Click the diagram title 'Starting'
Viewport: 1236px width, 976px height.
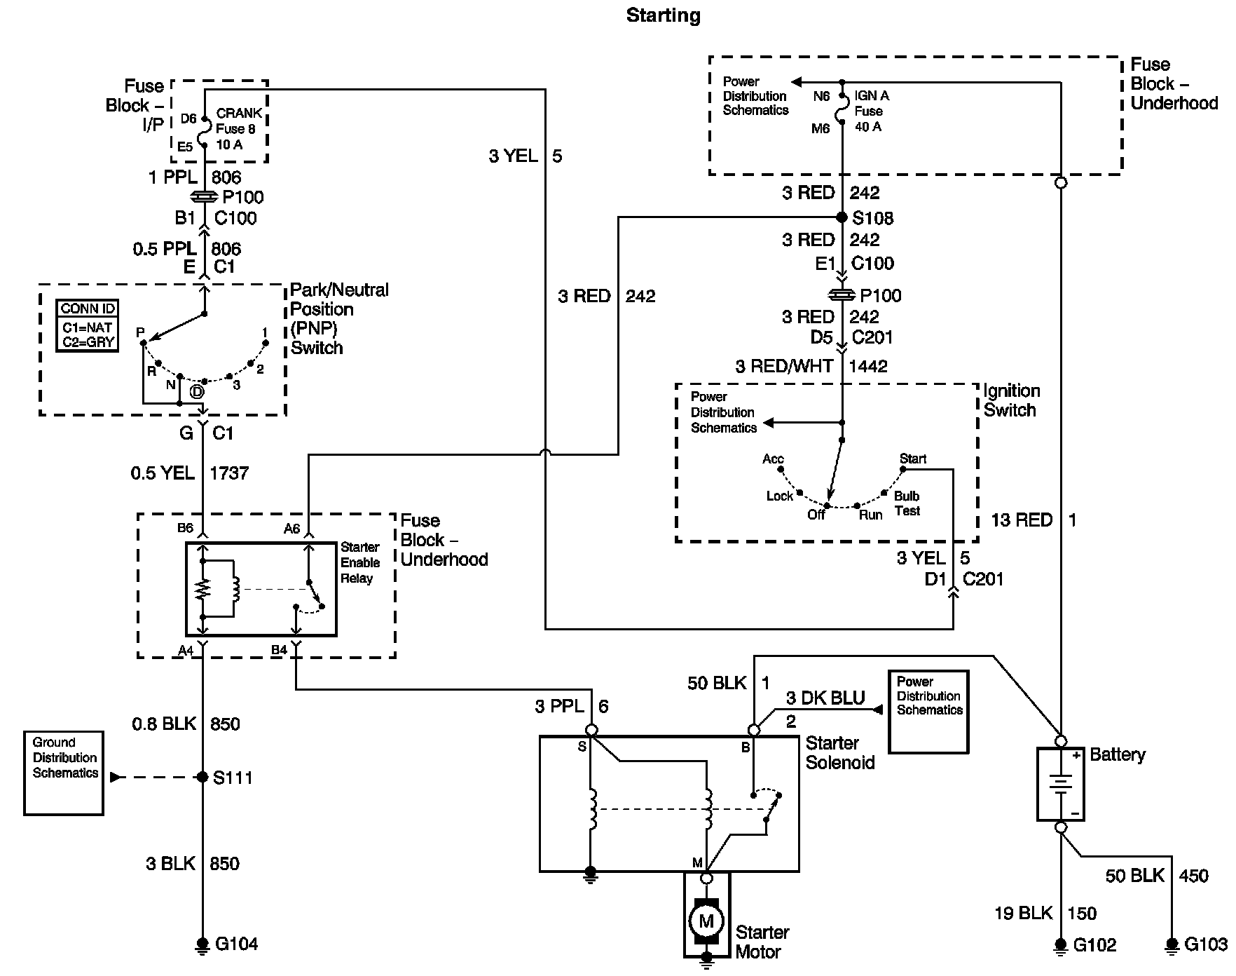663,16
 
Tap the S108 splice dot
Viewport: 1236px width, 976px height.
842,217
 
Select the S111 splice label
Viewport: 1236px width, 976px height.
233,778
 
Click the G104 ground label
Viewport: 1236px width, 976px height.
237,944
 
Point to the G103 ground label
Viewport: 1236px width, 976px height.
1206,944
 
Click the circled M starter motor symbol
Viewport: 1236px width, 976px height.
706,921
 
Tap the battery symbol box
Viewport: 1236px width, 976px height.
1061,784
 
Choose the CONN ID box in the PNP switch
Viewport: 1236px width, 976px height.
88,326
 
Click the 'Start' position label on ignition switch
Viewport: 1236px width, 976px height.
913,459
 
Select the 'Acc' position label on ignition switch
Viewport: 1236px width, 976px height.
773,459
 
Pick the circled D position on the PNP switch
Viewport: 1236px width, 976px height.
197,391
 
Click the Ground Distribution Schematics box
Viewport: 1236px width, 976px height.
64,773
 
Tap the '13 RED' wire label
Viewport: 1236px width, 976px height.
1022,520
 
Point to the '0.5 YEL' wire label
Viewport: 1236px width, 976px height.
163,473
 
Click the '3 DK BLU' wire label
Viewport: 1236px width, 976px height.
825,698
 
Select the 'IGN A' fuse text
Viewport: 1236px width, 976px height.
872,96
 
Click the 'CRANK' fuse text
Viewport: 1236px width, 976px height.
240,113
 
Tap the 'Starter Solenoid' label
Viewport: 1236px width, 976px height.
839,752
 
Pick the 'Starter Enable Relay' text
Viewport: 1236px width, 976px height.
360,562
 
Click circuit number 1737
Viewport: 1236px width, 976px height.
229,473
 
